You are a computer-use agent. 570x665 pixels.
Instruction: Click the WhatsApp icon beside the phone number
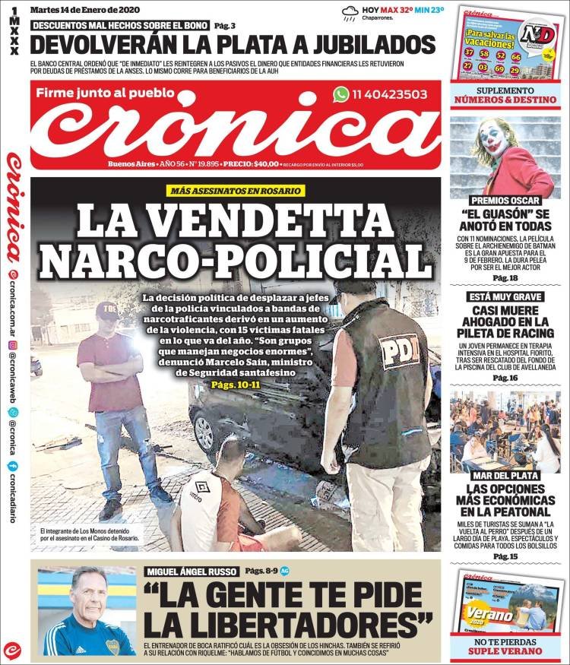coord(341,94)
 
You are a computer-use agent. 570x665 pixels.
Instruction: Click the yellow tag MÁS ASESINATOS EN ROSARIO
coord(236,191)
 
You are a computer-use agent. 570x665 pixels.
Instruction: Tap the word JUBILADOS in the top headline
coord(357,43)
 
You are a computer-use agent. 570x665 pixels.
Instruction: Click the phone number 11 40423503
coord(390,95)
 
